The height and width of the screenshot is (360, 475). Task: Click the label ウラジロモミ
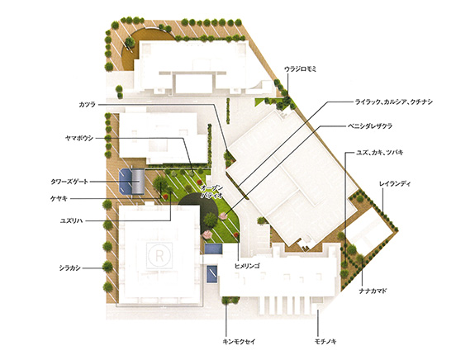click(x=300, y=69)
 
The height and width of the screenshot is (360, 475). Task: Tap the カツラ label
click(x=88, y=105)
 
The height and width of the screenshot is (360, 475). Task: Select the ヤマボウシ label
click(x=79, y=139)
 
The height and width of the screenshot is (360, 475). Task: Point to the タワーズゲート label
click(x=69, y=182)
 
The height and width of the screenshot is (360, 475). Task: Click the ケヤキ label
click(x=59, y=199)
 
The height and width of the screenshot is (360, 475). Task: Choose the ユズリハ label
click(x=72, y=220)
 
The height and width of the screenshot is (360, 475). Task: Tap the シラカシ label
click(x=70, y=268)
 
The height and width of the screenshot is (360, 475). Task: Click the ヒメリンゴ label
click(x=248, y=266)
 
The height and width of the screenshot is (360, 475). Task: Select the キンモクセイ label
click(x=239, y=342)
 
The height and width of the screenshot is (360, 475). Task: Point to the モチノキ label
click(x=325, y=342)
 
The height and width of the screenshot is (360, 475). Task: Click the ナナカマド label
click(x=373, y=291)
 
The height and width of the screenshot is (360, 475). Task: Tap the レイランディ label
click(x=395, y=184)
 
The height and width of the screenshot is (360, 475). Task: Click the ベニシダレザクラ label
click(x=369, y=126)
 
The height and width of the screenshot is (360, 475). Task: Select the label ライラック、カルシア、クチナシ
click(x=394, y=102)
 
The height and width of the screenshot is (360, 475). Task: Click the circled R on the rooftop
click(x=159, y=255)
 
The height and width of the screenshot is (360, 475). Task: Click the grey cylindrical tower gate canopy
click(x=139, y=182)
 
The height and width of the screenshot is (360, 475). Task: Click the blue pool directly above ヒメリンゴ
click(x=214, y=249)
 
